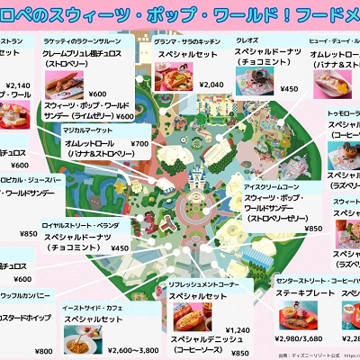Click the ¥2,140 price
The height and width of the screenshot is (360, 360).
17,85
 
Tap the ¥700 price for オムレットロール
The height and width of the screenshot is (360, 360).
139,143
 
